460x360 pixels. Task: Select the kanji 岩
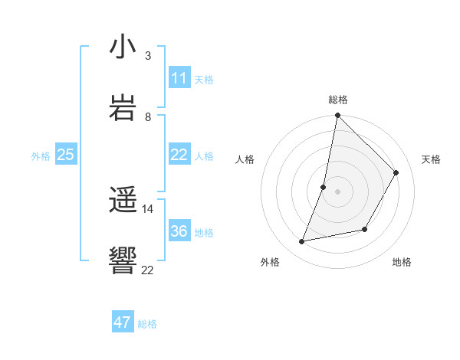(123, 107)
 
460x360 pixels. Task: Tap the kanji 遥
(123, 201)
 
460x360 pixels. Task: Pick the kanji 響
(123, 261)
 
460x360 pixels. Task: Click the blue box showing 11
(179, 78)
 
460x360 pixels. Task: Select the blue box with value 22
(179, 155)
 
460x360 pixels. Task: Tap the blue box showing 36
(179, 231)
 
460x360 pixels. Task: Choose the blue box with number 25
(66, 155)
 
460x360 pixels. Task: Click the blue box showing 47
(123, 322)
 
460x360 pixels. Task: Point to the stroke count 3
(148, 56)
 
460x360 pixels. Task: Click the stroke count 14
(148, 208)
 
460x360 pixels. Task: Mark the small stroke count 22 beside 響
(148, 270)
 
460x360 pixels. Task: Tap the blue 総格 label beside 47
(147, 324)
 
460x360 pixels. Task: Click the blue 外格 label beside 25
(41, 156)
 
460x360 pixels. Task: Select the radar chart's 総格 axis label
(338, 100)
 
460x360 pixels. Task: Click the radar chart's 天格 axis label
(431, 159)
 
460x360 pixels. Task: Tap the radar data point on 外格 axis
(302, 242)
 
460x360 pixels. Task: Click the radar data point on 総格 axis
(337, 116)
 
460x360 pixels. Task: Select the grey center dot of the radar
(337, 191)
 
